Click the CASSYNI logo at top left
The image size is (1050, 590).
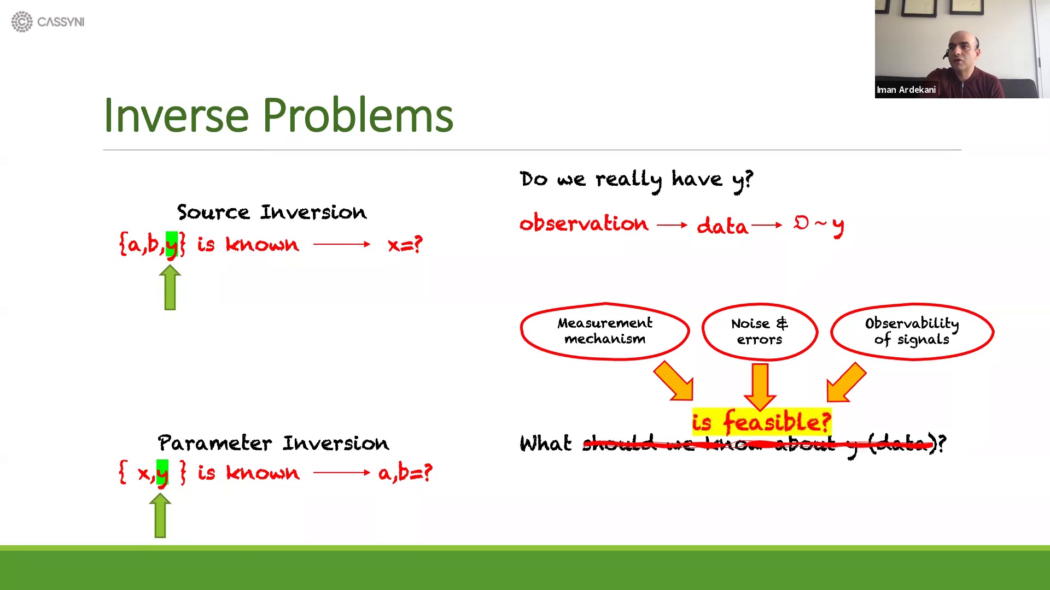coord(48,22)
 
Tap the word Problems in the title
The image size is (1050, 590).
coord(358,115)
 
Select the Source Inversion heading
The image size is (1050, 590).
coord(271,212)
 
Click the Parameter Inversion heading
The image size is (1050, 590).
coord(273,442)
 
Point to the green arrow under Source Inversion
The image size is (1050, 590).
coord(170,288)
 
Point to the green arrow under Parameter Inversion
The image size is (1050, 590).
coord(160,516)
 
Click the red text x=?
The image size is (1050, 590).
coord(405,244)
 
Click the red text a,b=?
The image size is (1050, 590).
coord(405,473)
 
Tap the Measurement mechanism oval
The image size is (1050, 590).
coord(604,331)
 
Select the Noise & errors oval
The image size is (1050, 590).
coord(760,332)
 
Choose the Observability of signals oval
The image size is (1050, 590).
coord(912,332)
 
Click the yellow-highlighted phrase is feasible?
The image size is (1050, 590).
coord(761,422)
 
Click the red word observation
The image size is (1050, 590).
coord(584,223)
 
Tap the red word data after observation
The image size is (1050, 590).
coord(722,226)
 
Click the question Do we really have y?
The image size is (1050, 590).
coord(636,179)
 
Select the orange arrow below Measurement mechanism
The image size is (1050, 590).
coord(675,382)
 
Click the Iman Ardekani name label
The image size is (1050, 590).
coord(906,90)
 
